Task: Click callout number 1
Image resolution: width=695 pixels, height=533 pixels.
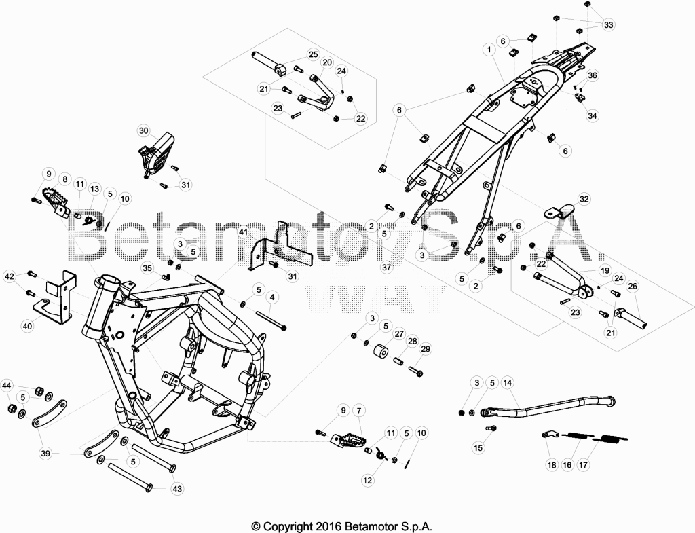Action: tap(489, 49)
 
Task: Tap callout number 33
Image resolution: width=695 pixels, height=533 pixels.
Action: tap(609, 25)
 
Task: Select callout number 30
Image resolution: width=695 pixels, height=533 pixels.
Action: tap(144, 131)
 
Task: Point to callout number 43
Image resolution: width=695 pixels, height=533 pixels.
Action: tap(177, 489)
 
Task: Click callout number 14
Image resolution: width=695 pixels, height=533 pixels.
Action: tap(507, 383)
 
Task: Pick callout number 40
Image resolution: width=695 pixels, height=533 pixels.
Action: tap(27, 327)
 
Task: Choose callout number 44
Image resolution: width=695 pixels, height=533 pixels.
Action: tap(6, 386)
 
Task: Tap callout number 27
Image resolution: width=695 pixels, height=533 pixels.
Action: tap(399, 334)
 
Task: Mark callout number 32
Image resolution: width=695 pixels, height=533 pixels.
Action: tap(584, 199)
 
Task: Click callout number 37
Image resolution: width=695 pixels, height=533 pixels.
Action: tap(386, 267)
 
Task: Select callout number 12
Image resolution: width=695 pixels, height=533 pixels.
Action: tap(367, 480)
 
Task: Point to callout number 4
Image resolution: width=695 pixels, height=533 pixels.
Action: tap(271, 297)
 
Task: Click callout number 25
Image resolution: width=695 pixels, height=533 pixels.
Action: tap(313, 54)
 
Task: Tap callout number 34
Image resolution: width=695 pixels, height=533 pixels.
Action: tap(592, 115)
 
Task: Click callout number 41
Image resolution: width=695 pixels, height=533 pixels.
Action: tap(243, 232)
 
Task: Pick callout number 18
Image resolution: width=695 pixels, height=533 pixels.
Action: tap(552, 464)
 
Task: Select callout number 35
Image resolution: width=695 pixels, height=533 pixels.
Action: tap(147, 268)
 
